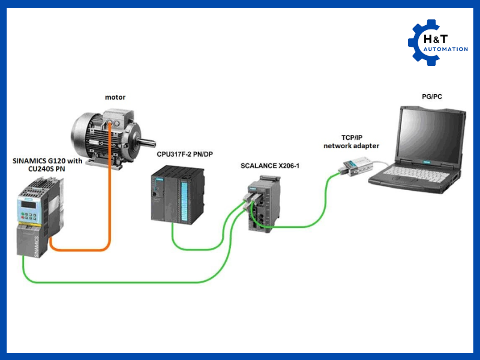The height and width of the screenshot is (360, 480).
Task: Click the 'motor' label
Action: click(115, 97)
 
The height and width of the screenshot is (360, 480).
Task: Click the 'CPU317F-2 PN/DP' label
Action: click(184, 155)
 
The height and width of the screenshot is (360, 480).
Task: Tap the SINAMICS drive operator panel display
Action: click(29, 203)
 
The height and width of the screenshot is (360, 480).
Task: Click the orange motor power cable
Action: click(109, 198)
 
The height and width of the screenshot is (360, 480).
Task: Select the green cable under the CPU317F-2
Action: click(192, 247)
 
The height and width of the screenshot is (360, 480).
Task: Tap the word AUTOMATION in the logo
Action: click(446, 49)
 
